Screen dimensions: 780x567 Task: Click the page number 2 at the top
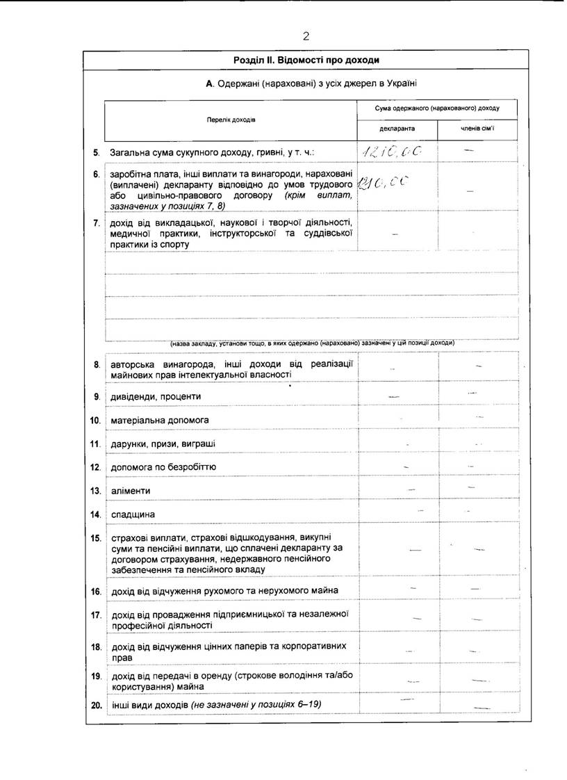point(305,36)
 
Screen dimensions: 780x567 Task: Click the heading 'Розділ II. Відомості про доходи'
point(306,60)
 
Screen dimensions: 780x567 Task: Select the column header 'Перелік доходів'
point(231,120)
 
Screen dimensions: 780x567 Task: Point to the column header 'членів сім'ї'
point(477,129)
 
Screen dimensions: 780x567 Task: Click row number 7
point(97,223)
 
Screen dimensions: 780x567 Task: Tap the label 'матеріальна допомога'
point(159,420)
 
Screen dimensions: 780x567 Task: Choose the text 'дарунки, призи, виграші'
point(163,444)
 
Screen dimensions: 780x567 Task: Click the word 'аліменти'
point(131,491)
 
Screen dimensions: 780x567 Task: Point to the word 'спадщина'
point(133,514)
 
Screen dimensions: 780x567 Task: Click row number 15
point(96,538)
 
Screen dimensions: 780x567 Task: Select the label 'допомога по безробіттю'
point(163,467)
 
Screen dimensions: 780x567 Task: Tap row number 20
point(96,705)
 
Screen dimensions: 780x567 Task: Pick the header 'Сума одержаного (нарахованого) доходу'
point(437,108)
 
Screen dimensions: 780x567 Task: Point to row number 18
point(96,647)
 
